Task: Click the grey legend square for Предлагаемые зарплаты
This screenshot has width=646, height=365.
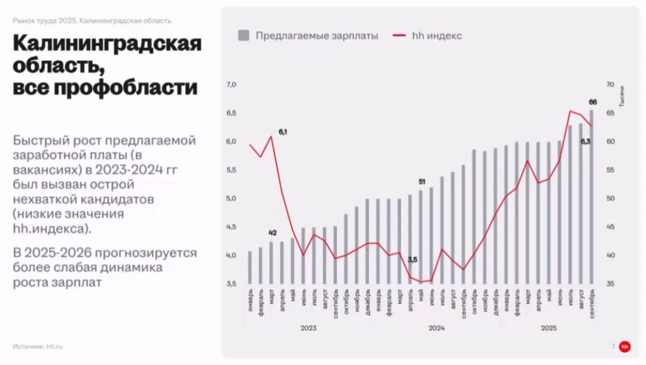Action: click(x=244, y=35)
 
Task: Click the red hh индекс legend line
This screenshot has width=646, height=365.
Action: click(x=399, y=35)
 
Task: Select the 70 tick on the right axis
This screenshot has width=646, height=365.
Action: click(x=610, y=85)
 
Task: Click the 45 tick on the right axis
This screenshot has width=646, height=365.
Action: click(x=610, y=227)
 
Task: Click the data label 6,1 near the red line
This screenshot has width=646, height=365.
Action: click(x=283, y=132)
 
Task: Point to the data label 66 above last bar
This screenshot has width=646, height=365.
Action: click(x=593, y=102)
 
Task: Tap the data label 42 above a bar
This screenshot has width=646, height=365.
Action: click(x=272, y=233)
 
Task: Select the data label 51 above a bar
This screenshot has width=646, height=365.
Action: click(x=421, y=182)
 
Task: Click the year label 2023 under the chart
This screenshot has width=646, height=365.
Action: click(x=308, y=328)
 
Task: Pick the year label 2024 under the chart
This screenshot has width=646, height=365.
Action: click(x=437, y=328)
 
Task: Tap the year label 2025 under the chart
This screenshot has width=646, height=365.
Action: click(x=548, y=328)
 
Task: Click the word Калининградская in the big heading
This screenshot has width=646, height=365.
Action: click(x=107, y=45)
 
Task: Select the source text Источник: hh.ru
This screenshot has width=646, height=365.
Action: click(x=38, y=346)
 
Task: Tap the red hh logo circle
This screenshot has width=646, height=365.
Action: click(x=625, y=346)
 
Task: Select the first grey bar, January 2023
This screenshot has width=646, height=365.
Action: click(x=250, y=268)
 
